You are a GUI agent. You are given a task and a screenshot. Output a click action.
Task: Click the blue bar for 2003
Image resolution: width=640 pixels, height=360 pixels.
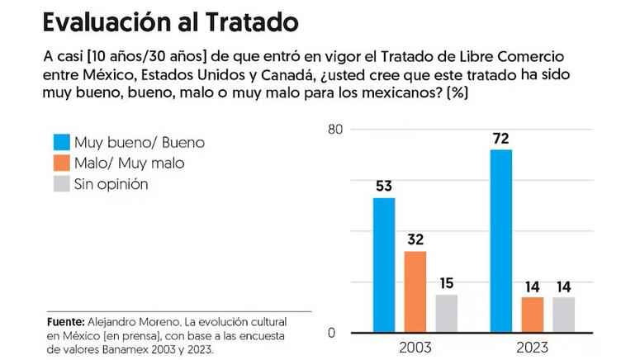[x=384, y=264]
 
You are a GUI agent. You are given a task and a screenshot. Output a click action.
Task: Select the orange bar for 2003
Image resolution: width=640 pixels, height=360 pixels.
[x=415, y=291]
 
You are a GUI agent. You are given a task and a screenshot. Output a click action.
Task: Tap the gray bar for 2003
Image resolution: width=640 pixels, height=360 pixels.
[x=447, y=313]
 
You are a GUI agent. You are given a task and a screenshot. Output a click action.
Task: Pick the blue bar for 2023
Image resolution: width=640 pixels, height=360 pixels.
[x=500, y=240]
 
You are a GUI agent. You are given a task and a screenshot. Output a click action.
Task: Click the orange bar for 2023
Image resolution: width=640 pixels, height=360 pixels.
[x=533, y=314]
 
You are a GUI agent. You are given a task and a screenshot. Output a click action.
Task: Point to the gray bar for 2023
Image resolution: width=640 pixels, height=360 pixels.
[x=563, y=314]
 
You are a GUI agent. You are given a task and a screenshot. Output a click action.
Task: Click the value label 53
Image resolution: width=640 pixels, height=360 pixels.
[x=384, y=186]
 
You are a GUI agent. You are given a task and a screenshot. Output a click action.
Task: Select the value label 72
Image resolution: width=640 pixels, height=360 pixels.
[x=500, y=137]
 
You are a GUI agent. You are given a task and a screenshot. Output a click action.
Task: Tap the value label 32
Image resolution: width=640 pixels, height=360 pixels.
[x=415, y=239]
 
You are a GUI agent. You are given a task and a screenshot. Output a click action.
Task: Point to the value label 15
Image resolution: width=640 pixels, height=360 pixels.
[x=447, y=283]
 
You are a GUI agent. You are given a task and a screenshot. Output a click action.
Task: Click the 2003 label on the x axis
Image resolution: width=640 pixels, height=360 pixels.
[x=415, y=348]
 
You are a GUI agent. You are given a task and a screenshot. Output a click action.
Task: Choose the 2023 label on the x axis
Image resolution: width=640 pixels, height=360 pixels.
[x=532, y=348]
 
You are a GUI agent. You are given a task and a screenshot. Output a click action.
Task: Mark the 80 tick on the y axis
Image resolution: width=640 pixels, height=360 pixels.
[x=334, y=130]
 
